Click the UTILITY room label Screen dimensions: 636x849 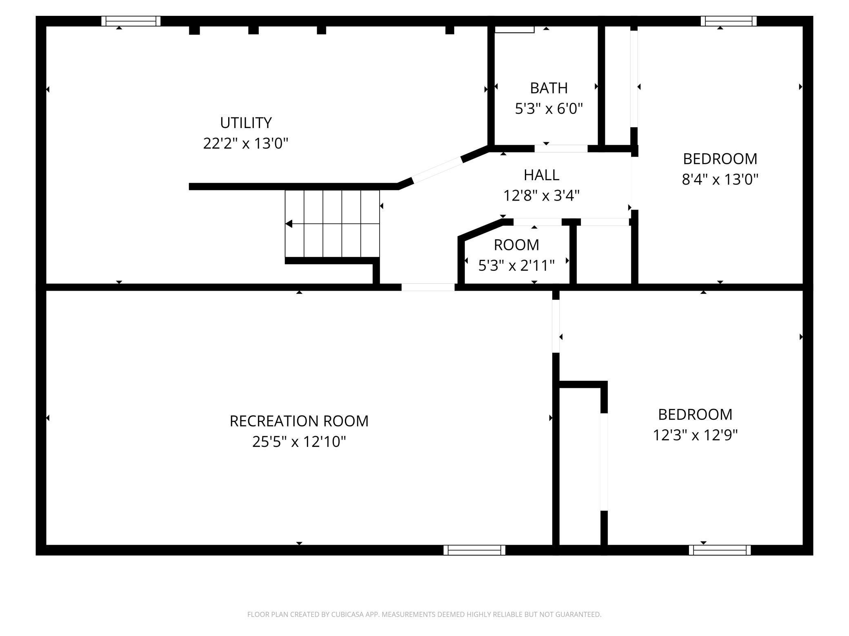point(246,123)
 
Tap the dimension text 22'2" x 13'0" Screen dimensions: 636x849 point(246,144)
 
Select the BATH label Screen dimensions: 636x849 point(549,88)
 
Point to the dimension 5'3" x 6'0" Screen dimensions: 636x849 point(549,109)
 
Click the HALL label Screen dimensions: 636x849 point(541,175)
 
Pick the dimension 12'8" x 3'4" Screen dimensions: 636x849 point(541,196)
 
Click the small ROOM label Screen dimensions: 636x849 point(516,245)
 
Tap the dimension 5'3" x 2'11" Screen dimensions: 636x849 point(516,266)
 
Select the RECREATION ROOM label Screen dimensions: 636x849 point(299,421)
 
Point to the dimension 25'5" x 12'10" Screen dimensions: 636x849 point(299,442)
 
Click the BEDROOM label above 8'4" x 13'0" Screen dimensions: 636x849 point(720,159)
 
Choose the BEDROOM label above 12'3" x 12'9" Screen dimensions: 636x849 point(695,415)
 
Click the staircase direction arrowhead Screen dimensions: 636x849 point(289,224)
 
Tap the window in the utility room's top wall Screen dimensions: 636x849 point(131,21)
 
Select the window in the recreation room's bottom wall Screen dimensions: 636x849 point(474,550)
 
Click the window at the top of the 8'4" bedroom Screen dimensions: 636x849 point(729,21)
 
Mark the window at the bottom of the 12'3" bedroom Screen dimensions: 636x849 point(720,550)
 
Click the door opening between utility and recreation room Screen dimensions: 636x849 point(428,287)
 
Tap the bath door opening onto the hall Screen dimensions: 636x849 point(561,149)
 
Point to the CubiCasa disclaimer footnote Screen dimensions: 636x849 point(424,614)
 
